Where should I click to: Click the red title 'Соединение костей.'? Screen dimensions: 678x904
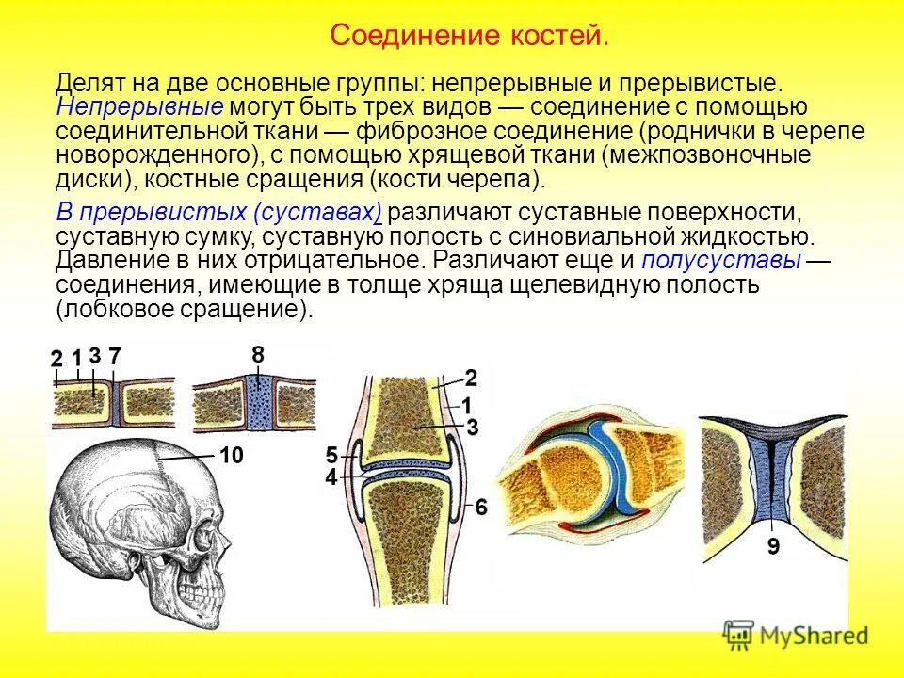pyautogui.click(x=470, y=37)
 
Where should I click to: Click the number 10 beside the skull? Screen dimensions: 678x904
pyautogui.click(x=232, y=456)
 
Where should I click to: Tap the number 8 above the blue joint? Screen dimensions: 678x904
pyautogui.click(x=257, y=354)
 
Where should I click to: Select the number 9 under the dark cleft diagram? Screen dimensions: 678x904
pyautogui.click(x=771, y=545)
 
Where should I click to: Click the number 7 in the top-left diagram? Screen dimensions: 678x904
pyautogui.click(x=115, y=356)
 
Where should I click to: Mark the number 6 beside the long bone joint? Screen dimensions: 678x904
pyautogui.click(x=480, y=508)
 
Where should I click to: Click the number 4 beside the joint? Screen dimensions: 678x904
pyautogui.click(x=331, y=478)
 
